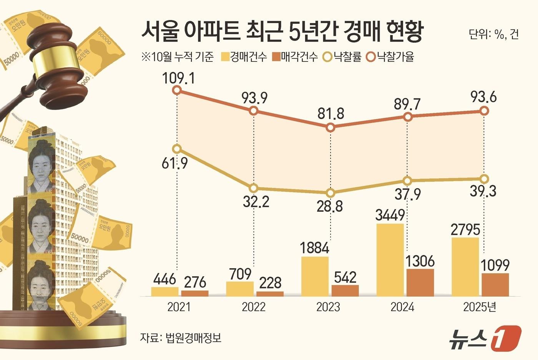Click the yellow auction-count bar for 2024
tap(390, 260)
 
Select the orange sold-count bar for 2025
tap(495, 285)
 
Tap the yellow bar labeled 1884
tap(315, 276)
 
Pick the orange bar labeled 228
tap(270, 294)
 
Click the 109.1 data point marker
tap(177, 90)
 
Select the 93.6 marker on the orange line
tap(485, 111)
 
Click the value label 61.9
tap(174, 164)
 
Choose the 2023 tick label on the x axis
tap(328, 307)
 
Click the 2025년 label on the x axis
tap(480, 307)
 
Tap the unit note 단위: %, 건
tap(494, 35)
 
